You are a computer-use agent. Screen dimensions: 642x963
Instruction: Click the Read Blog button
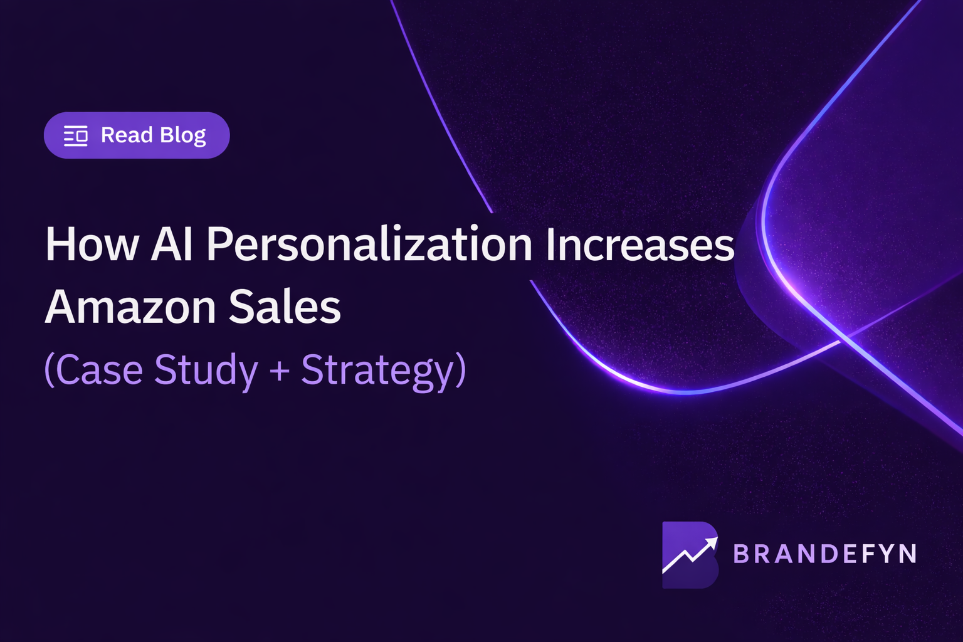[x=137, y=135]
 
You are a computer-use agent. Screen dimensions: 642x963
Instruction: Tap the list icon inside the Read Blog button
[x=76, y=135]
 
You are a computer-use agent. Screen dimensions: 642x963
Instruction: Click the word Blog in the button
[x=183, y=135]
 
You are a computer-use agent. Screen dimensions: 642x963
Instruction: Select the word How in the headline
[x=92, y=245]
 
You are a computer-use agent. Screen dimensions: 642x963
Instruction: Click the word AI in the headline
[x=171, y=245]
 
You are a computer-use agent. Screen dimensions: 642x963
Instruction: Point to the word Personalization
[x=369, y=245]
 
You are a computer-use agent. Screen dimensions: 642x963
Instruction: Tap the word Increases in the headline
[x=639, y=245]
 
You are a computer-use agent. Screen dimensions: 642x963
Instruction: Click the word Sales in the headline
[x=285, y=307]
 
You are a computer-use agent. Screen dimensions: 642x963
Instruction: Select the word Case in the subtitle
[x=100, y=370]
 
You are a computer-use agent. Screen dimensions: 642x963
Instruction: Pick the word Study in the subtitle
[x=206, y=370]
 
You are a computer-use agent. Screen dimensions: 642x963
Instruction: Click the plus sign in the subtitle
[x=280, y=370]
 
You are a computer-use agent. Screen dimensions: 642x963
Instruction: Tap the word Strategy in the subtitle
[x=377, y=370]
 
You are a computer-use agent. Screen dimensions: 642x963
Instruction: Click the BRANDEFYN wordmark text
[x=824, y=554]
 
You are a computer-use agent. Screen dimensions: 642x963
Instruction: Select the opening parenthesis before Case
[x=49, y=370]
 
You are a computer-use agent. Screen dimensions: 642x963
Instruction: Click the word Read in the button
[x=127, y=135]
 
